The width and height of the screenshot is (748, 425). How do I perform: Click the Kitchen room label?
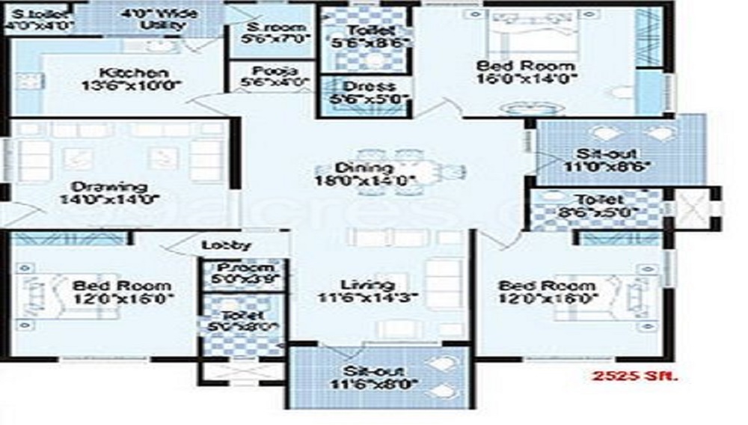134,73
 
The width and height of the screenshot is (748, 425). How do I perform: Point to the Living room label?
367,285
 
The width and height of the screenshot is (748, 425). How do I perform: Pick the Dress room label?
364,86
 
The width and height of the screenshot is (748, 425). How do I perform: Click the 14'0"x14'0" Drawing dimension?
110,199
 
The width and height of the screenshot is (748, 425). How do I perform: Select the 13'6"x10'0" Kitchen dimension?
134,86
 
